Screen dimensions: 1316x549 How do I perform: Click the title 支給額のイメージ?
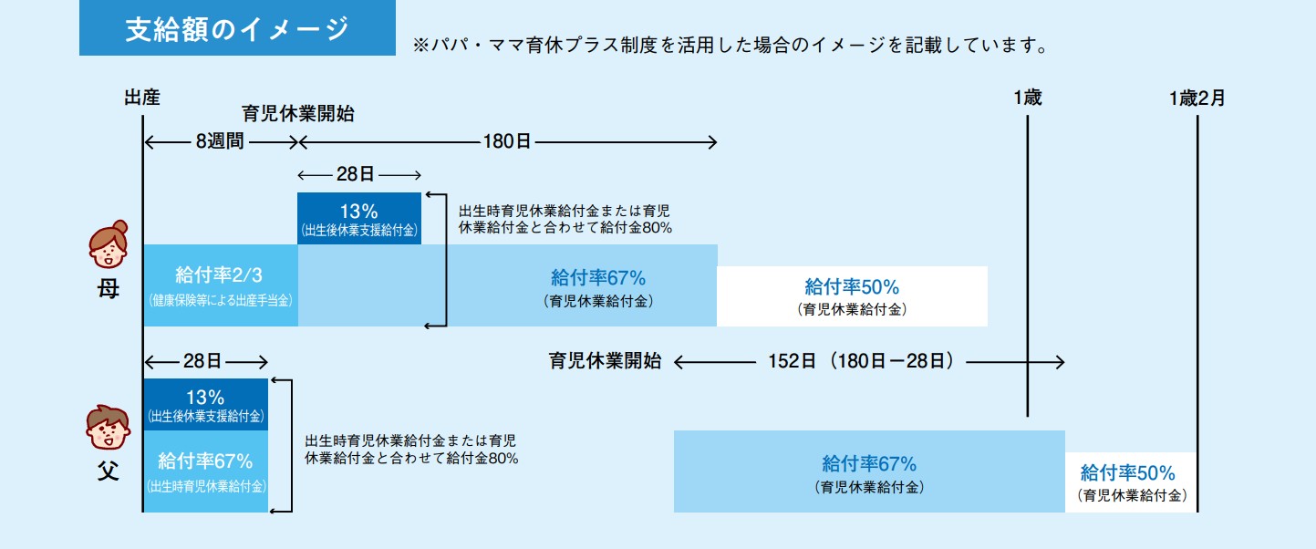coord(237,29)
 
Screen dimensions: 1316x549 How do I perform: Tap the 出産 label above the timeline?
coord(142,98)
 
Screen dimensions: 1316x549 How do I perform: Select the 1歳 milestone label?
coord(1028,98)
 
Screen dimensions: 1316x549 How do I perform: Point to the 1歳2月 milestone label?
coord(1197,98)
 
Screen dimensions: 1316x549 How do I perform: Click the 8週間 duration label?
coord(220,141)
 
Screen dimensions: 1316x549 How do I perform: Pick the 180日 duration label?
coord(507,141)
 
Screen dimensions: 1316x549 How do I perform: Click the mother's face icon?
coord(109,244)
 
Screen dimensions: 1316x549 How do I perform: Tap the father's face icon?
coord(109,428)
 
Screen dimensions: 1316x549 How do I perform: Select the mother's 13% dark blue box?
coord(359,218)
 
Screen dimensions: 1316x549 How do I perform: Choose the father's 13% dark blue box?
coord(205,404)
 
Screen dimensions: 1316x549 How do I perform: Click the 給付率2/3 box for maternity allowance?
coord(221,285)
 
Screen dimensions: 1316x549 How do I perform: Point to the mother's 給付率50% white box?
coord(852,296)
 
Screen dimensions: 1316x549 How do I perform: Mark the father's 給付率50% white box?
coord(1131,482)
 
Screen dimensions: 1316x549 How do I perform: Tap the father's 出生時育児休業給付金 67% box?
coord(205,471)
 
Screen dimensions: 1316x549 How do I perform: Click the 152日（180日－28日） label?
coord(861,361)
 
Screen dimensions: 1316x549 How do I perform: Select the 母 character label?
coord(109,289)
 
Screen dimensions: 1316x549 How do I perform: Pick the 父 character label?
coord(109,471)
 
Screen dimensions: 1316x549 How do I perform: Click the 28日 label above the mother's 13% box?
coord(356,174)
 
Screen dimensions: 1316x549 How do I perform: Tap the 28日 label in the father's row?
coord(202,361)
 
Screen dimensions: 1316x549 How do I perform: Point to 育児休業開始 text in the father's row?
coord(606,361)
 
